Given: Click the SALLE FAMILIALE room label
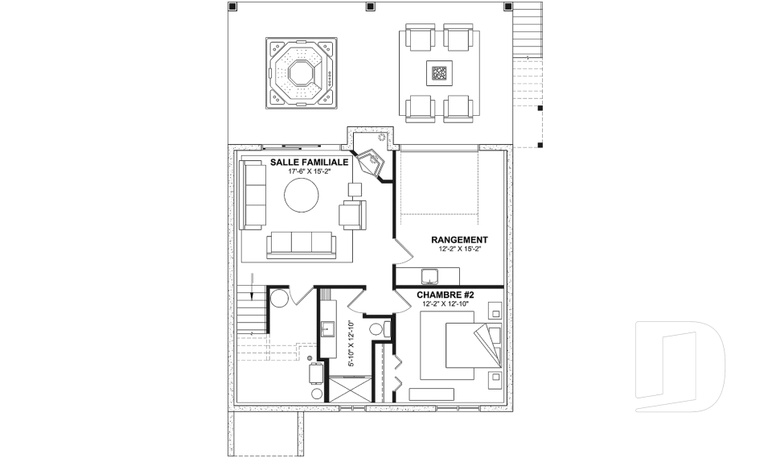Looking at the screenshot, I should (x=308, y=162).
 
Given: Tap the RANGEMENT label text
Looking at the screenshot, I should (x=459, y=240).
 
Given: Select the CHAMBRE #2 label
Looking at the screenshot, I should (x=446, y=295).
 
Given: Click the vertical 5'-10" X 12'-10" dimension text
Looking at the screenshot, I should (x=351, y=343).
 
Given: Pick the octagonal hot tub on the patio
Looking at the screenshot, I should (x=302, y=72).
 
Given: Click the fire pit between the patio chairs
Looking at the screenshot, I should (x=439, y=73).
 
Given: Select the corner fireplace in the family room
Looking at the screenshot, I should (x=371, y=162).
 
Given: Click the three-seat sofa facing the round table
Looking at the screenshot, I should (x=300, y=242).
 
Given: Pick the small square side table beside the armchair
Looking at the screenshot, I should (x=354, y=189).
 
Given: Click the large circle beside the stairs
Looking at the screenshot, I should (x=279, y=298).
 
